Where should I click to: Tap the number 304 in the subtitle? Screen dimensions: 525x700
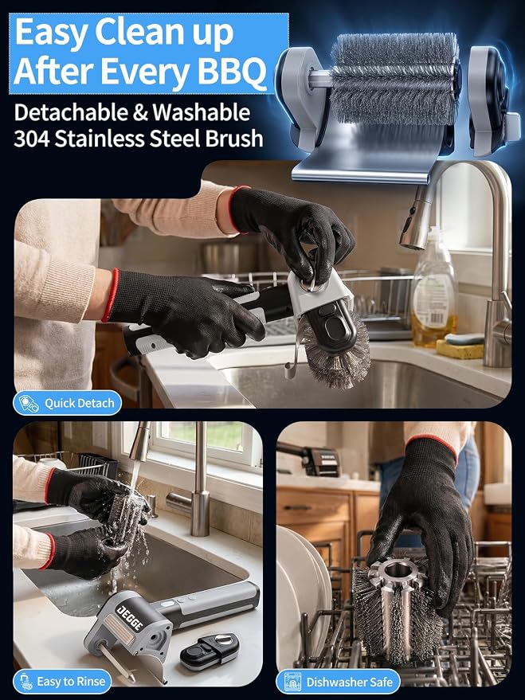click(x=31, y=139)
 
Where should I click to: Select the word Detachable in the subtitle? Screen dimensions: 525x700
click(x=71, y=112)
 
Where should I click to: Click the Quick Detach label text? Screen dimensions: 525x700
click(x=80, y=404)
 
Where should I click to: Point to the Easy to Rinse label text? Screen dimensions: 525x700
click(x=71, y=682)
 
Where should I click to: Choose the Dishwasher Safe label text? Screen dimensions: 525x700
click(x=350, y=682)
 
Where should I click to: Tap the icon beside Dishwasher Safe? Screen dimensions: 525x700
click(x=292, y=682)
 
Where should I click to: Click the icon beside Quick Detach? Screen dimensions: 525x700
click(x=29, y=404)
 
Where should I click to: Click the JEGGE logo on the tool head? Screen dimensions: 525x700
click(x=130, y=616)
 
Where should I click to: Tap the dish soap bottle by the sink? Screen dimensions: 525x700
click(x=433, y=288)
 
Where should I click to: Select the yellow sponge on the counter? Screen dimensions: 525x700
click(x=460, y=349)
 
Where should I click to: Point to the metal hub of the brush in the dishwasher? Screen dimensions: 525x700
click(x=398, y=573)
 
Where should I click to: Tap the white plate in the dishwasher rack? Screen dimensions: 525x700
click(x=299, y=594)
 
